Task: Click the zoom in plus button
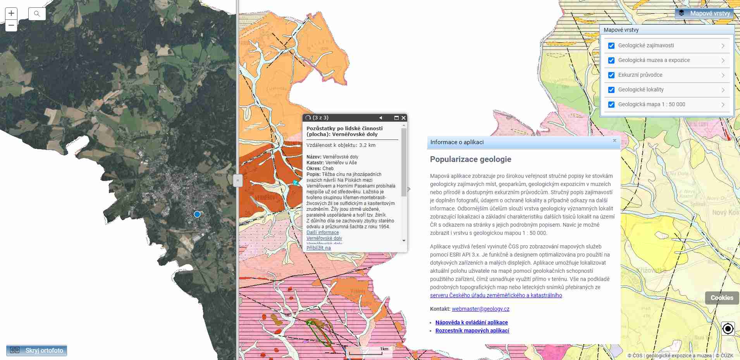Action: [x=11, y=14]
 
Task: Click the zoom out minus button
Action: [x=11, y=26]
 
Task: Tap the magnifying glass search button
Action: [x=37, y=14]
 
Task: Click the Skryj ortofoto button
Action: [x=37, y=350]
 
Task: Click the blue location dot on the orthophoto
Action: [x=197, y=214]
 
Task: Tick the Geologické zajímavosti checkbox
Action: [x=611, y=46]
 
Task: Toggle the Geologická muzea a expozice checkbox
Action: [x=611, y=60]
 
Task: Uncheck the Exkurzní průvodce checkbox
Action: [x=611, y=75]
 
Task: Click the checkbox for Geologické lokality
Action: [x=611, y=90]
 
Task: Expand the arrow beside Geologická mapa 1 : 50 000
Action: [x=723, y=105]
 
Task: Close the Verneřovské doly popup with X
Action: [x=403, y=118]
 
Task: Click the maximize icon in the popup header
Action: [x=396, y=118]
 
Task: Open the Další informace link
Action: [x=322, y=233]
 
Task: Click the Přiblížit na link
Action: [x=318, y=248]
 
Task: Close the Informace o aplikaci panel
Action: [x=614, y=141]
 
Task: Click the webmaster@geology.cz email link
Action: [x=480, y=309]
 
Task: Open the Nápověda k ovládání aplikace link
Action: [x=472, y=322]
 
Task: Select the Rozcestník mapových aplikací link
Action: [x=472, y=331]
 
